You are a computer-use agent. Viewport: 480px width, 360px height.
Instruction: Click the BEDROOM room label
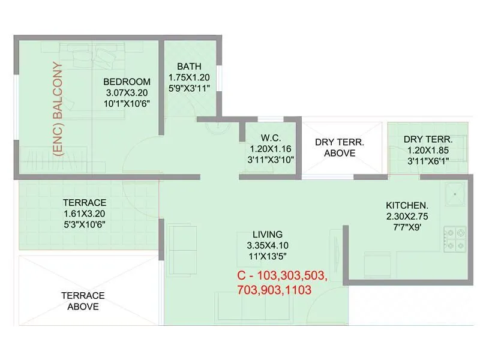coord(127,82)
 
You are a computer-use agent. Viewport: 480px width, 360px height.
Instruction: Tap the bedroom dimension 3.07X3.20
coord(127,92)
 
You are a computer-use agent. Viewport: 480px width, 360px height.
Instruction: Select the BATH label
coord(189,67)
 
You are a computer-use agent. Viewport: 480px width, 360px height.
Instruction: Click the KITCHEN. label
coord(407,205)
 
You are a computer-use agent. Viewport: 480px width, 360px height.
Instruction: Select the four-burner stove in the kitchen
coord(454,238)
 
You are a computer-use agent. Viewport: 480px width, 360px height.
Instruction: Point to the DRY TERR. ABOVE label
coord(340,148)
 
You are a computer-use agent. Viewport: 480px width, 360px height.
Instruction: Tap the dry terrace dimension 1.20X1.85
coord(427,149)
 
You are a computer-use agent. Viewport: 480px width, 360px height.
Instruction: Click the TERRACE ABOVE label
coord(83,301)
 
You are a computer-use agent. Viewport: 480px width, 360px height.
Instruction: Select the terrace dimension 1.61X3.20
coord(85,214)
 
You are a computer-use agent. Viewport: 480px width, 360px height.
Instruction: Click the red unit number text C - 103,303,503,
coord(282,277)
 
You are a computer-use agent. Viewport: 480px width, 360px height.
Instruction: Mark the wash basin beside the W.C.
coord(214,127)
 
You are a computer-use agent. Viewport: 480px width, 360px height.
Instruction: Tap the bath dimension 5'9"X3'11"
coord(189,88)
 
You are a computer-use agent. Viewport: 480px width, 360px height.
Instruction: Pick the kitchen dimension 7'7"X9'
coord(407,226)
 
